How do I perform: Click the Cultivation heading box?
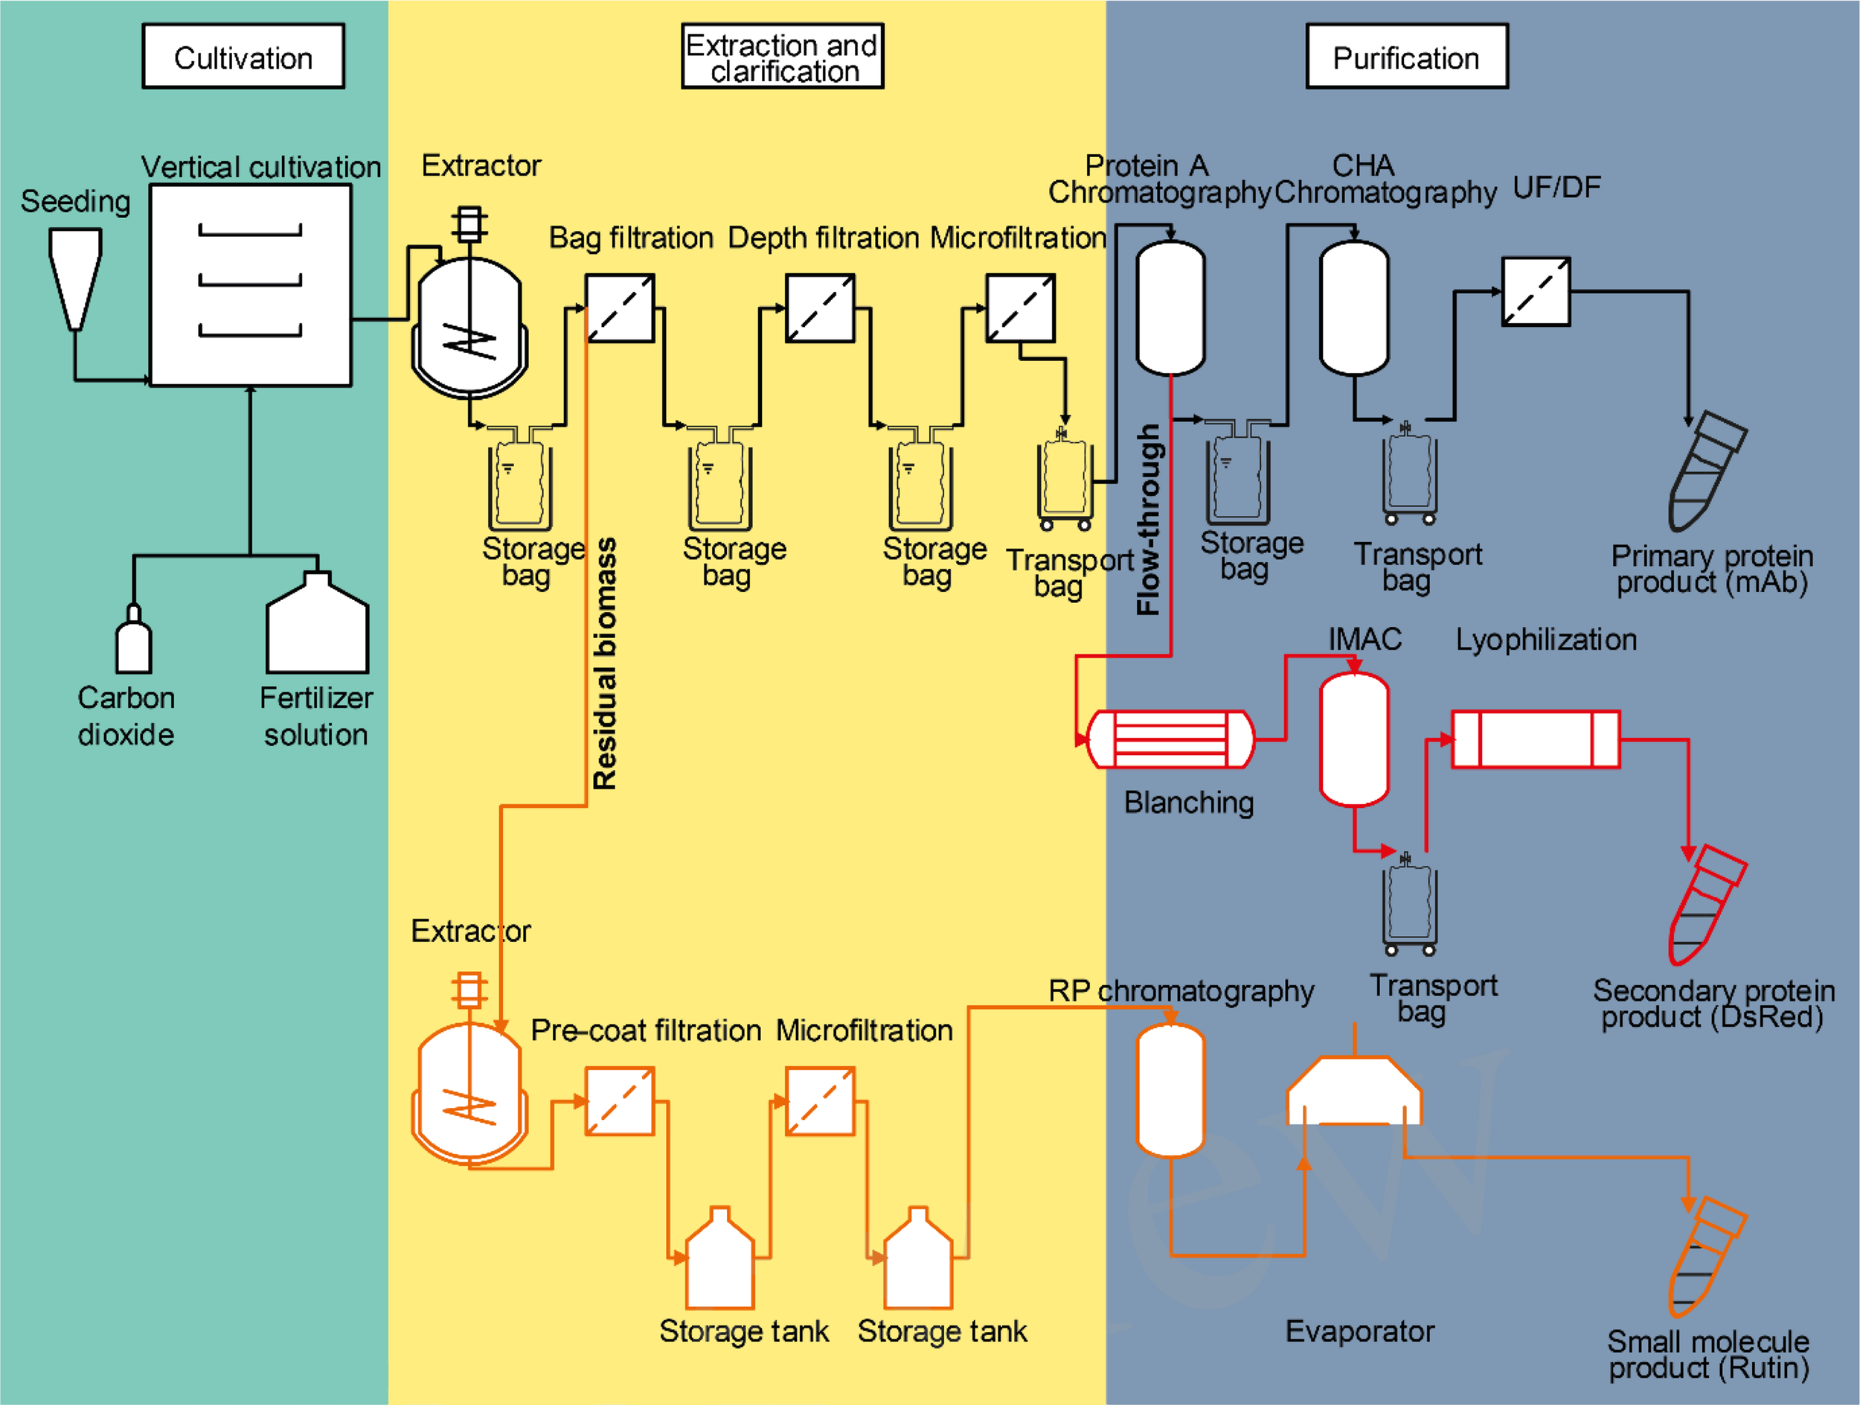(x=243, y=57)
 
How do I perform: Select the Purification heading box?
(x=1406, y=57)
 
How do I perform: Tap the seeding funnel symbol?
(x=76, y=277)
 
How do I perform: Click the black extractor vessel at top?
(x=469, y=324)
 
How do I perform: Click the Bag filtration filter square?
(x=620, y=308)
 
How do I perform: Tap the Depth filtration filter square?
(x=820, y=308)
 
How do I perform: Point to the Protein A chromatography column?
(x=1170, y=307)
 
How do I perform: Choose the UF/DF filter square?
(x=1536, y=291)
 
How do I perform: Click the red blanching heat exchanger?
(x=1170, y=739)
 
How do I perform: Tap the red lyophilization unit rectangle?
(x=1536, y=739)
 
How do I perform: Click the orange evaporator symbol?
(x=1354, y=1092)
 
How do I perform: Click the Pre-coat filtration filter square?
(x=620, y=1101)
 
